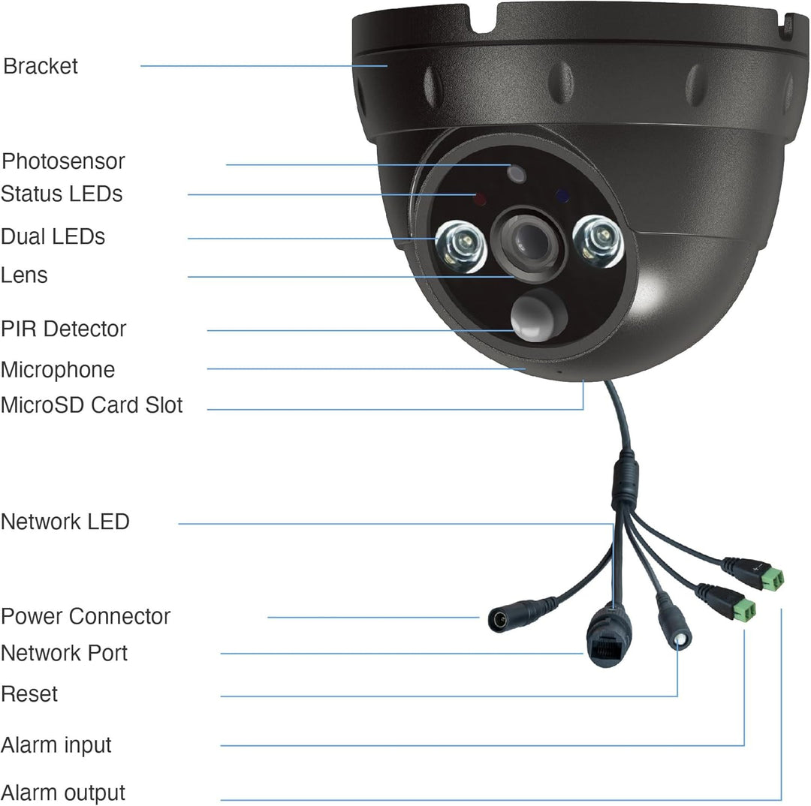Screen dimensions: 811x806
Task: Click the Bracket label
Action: [x=41, y=66]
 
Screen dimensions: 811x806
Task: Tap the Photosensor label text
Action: [x=63, y=161]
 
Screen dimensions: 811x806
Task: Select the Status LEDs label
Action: [x=62, y=194]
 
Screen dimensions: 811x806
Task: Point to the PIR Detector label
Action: [x=64, y=329]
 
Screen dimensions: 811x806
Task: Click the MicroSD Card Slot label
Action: [x=92, y=405]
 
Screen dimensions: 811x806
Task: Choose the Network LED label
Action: [x=65, y=522]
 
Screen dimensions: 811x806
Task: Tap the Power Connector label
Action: [x=86, y=616]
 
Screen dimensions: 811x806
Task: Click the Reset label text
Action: [x=29, y=694]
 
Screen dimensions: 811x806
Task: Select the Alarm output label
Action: [x=63, y=792]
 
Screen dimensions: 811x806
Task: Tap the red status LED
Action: [x=481, y=199]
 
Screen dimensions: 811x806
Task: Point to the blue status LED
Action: [x=562, y=196]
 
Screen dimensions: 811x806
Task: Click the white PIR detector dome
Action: [x=537, y=315]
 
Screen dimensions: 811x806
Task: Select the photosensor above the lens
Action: [x=517, y=173]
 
